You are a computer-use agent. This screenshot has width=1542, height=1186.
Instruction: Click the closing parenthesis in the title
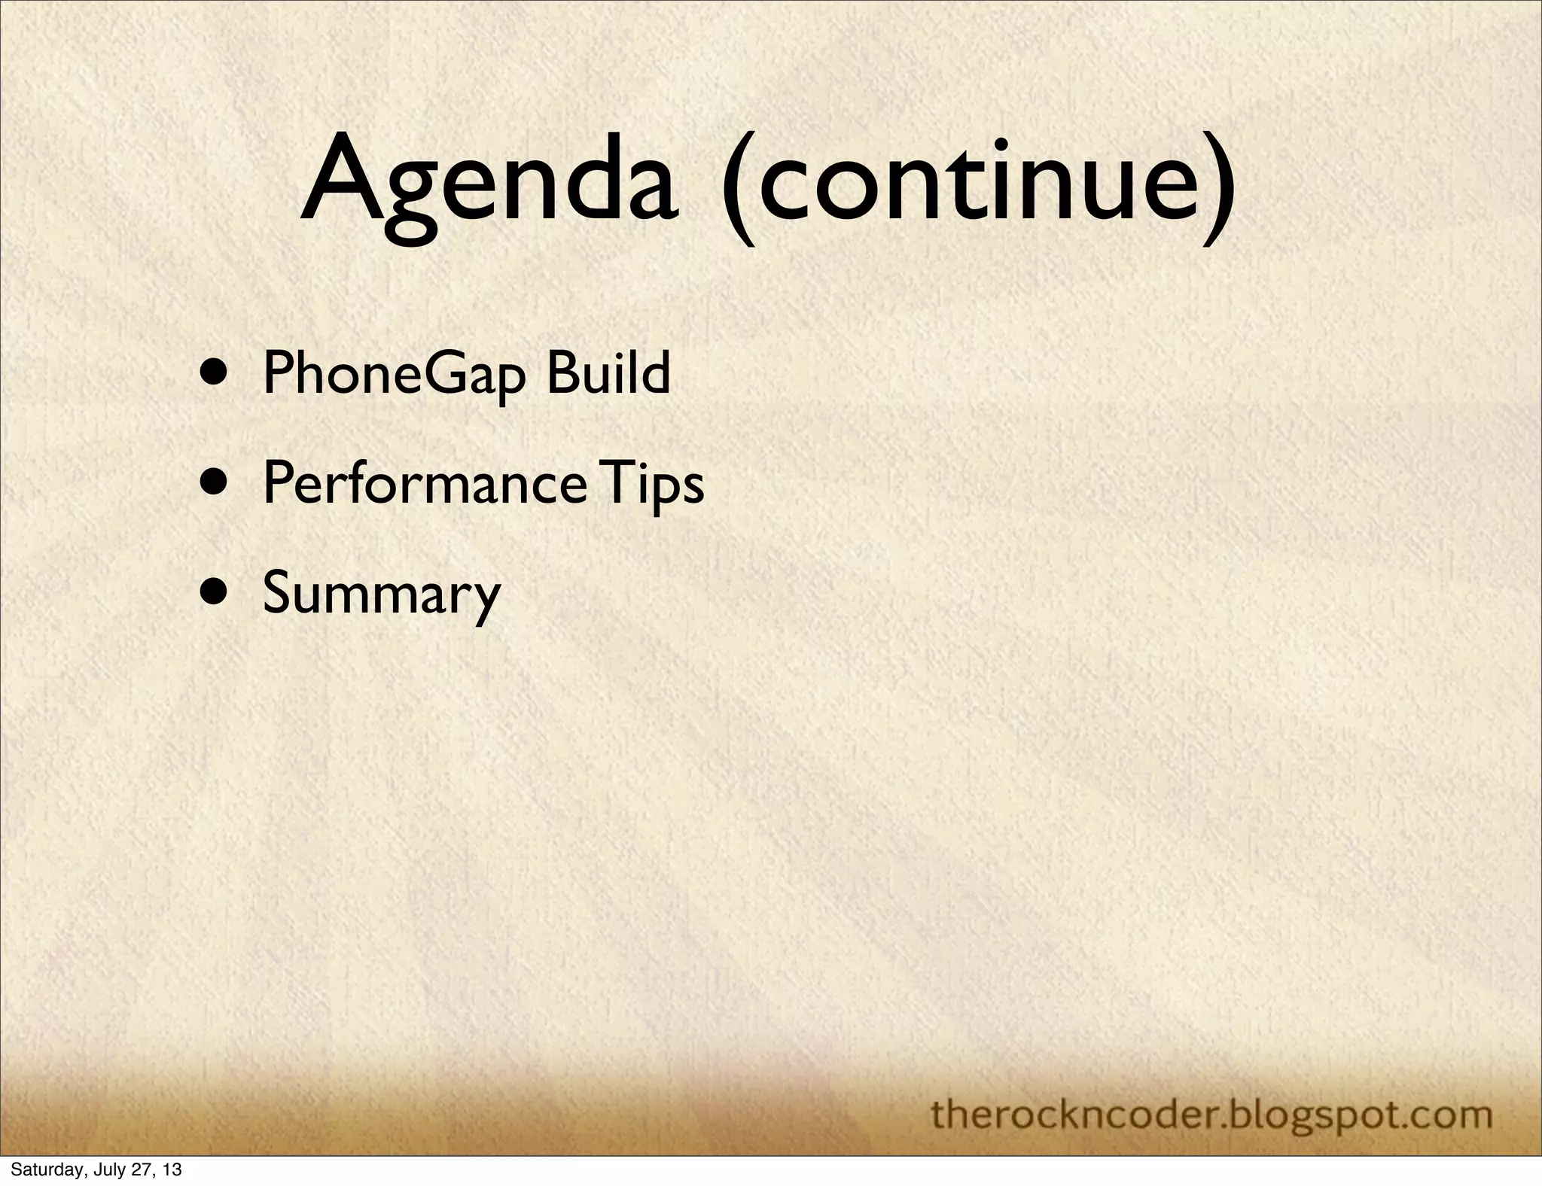coord(1216,188)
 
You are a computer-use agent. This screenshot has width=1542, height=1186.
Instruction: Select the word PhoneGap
coord(392,374)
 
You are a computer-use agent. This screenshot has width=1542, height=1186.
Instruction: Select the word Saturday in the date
coord(41,1171)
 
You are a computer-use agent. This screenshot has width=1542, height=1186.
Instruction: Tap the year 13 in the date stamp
coord(172,1171)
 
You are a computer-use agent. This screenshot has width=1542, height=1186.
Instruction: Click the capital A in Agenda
coord(343,177)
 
